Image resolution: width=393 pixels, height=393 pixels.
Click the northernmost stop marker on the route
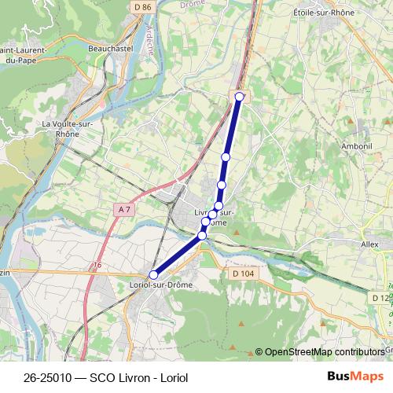click(240, 97)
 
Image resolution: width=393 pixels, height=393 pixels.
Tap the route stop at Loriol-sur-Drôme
click(153, 274)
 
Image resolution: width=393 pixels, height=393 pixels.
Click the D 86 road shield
click(141, 7)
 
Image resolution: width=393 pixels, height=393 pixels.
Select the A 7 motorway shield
click(123, 209)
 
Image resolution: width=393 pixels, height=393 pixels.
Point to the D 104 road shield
click(244, 273)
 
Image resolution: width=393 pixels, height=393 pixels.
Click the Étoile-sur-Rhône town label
click(324, 13)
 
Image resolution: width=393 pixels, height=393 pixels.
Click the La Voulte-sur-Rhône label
click(68, 128)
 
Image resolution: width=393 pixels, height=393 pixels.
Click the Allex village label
click(369, 244)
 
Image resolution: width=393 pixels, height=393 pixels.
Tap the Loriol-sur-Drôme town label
click(160, 285)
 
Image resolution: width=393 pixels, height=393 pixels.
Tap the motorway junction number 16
click(97, 266)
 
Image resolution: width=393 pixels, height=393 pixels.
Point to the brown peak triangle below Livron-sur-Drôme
click(235, 232)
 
